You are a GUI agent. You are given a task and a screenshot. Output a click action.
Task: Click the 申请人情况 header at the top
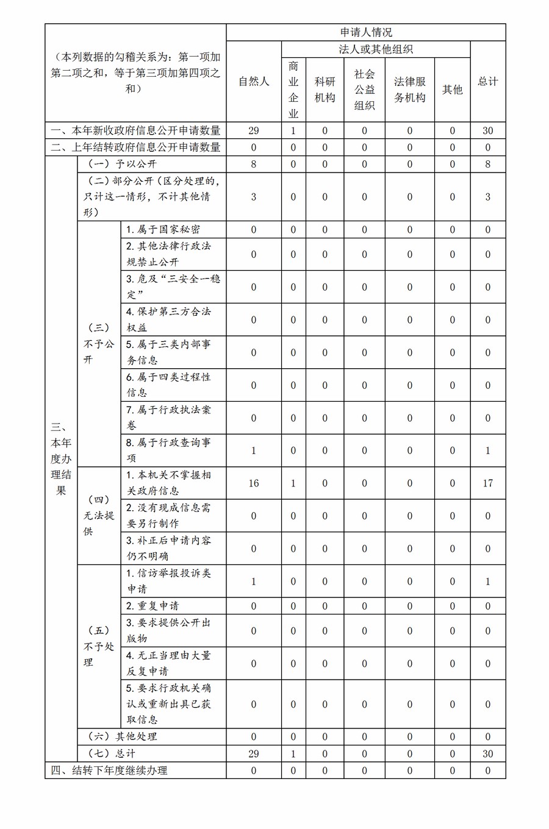(x=366, y=32)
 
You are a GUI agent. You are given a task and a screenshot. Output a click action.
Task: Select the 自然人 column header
(x=254, y=81)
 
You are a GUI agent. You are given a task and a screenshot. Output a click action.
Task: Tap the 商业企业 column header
(x=293, y=90)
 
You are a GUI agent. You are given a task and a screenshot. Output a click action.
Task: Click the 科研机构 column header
(x=325, y=90)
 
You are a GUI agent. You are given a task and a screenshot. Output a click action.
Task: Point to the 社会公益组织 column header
(x=364, y=90)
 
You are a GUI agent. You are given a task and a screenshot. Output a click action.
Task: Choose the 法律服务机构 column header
(x=409, y=90)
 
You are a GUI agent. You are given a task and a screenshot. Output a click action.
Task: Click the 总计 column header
(x=487, y=81)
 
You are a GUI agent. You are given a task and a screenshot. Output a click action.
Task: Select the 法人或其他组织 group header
(x=375, y=49)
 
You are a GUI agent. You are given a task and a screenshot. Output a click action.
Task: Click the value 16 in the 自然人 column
(x=254, y=483)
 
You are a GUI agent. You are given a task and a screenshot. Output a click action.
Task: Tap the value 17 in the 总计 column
(x=487, y=483)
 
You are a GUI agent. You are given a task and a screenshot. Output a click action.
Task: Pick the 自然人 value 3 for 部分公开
(x=254, y=197)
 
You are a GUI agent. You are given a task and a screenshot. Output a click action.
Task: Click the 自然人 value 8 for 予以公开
(x=254, y=164)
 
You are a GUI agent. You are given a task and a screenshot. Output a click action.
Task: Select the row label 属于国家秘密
(x=163, y=230)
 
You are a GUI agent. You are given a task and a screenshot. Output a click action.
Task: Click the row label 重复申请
(x=152, y=606)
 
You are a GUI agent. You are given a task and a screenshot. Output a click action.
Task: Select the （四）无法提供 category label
(x=99, y=516)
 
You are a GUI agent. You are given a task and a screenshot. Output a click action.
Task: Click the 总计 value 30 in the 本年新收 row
(x=487, y=130)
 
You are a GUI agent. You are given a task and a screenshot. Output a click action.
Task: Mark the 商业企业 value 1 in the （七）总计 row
(x=293, y=753)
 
